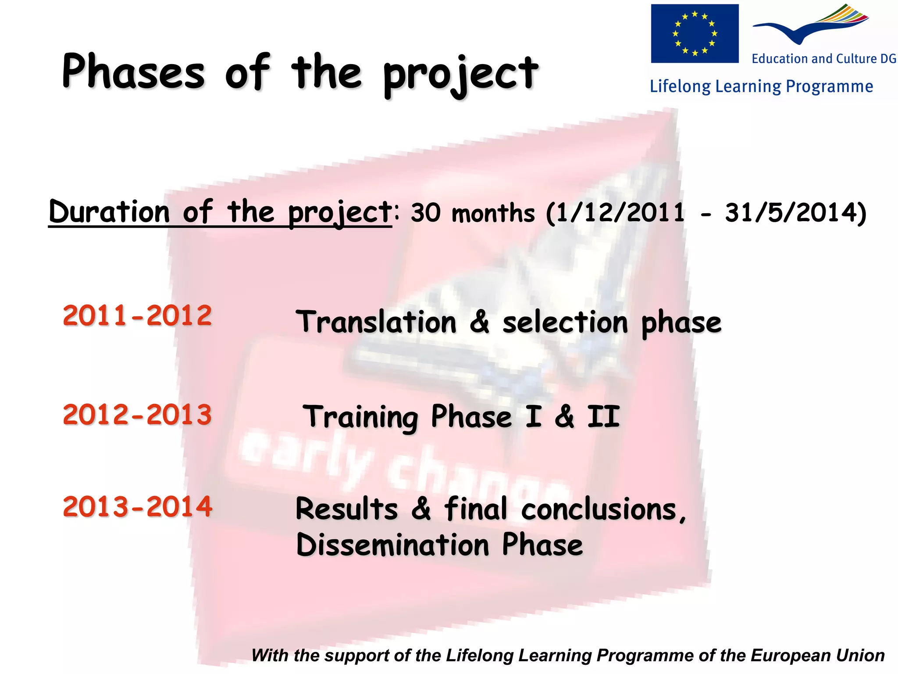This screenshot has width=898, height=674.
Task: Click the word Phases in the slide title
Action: coord(133,72)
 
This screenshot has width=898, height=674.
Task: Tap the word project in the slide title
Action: coord(460,75)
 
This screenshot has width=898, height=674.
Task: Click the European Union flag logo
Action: coord(695,34)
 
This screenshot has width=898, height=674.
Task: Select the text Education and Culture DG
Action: coord(824,59)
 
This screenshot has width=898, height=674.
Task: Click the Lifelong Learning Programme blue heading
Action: coord(761,86)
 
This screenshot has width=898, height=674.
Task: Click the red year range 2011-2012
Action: coord(137,316)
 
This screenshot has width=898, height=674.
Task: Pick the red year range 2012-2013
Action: coord(137,415)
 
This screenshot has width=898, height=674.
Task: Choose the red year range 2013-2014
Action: coord(137,507)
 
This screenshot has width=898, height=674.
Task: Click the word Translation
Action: coord(376,322)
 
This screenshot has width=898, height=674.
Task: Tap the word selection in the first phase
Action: coord(565,323)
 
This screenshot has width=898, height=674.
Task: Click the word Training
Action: coord(360,417)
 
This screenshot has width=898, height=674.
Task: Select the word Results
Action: coord(346,509)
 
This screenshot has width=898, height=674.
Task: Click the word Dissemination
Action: coord(392,545)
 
